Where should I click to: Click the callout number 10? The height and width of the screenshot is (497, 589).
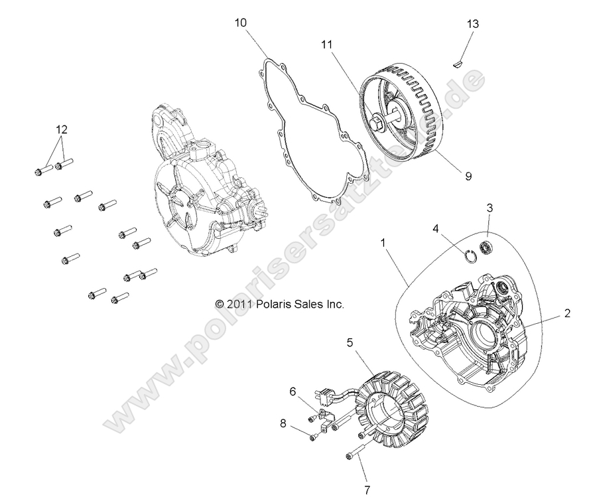pyautogui.click(x=241, y=23)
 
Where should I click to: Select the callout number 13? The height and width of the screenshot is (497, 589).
pyautogui.click(x=473, y=24)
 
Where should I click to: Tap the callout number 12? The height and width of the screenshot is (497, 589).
pyautogui.click(x=60, y=128)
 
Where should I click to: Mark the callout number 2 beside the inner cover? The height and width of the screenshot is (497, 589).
pyautogui.click(x=567, y=313)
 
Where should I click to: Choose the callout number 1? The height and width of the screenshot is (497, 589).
pyautogui.click(x=383, y=244)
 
